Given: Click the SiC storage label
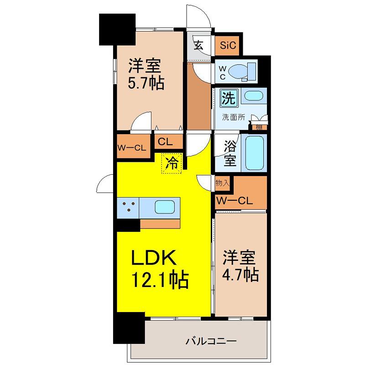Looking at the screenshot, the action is point(228,45).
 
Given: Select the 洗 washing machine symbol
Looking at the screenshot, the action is point(229,98).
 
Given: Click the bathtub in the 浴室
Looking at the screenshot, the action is point(255,153).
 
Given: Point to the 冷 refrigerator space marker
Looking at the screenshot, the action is point(172,163).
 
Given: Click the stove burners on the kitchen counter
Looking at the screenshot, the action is point(129,207).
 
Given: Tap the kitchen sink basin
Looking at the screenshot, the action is point(165,207).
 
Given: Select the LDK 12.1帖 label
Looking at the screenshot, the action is point(160,269).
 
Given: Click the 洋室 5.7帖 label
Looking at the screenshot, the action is point(146,74).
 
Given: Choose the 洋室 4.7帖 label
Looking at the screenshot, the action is point(240,266).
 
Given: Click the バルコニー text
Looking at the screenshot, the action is point(211,341).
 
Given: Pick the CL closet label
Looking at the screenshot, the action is point(165,141).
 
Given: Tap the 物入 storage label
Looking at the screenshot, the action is point(222,183).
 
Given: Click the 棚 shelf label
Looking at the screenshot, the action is point(259,127).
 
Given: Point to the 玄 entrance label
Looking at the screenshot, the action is point(198,45).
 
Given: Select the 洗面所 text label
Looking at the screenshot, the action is point(234,117).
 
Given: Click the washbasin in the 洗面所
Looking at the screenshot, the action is point(254,95).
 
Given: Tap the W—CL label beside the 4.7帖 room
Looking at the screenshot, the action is point(235,201).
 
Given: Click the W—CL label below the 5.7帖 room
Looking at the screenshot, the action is point(131,147).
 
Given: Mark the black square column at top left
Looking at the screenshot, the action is point(117,30).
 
